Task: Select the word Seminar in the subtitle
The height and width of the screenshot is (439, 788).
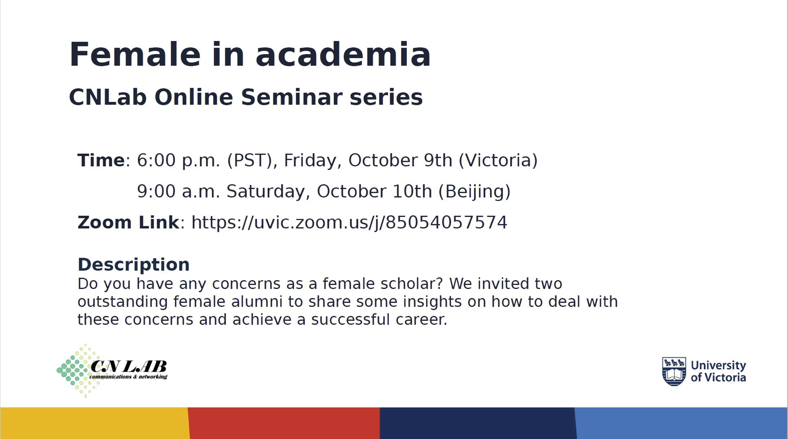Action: pyautogui.click(x=292, y=97)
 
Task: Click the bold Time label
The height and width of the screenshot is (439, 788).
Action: pyautogui.click(x=101, y=160)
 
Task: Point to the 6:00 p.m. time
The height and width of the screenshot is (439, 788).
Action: pyautogui.click(x=178, y=161)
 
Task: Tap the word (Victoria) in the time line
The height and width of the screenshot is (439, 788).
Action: pyautogui.click(x=498, y=161)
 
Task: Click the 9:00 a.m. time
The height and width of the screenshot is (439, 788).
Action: pyautogui.click(x=178, y=191)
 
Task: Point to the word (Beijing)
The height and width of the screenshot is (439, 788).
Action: pyautogui.click(x=474, y=191)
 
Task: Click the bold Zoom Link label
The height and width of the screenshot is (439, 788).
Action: pyautogui.click(x=128, y=222)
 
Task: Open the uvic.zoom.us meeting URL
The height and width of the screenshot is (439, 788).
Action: pyautogui.click(x=349, y=223)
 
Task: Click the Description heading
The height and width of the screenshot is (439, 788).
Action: pyautogui.click(x=133, y=265)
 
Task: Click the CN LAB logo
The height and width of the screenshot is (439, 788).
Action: pyautogui.click(x=112, y=370)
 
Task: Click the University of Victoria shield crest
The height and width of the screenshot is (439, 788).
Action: pyautogui.click(x=674, y=371)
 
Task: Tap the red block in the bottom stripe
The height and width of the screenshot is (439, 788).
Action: pyautogui.click(x=284, y=423)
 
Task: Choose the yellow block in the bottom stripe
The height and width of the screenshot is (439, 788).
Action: pyautogui.click(x=95, y=423)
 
